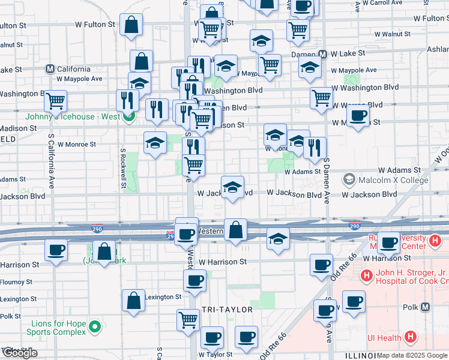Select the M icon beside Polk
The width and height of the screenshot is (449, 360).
[426, 307]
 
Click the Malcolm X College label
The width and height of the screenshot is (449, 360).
[393, 180]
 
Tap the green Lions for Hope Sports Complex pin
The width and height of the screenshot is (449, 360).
[94, 327]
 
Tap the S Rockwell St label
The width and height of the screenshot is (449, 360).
[123, 169]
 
